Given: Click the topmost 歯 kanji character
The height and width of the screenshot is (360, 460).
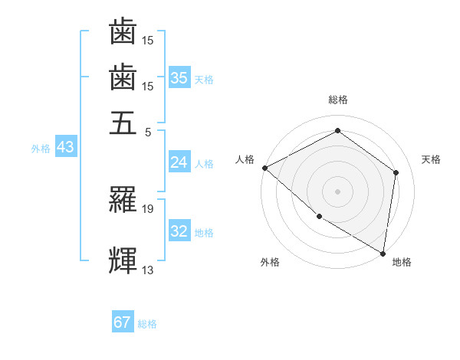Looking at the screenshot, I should coord(123,33).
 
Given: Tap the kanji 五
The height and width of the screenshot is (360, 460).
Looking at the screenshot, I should coord(123,123).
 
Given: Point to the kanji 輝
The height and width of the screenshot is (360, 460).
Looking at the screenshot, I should coord(123,260).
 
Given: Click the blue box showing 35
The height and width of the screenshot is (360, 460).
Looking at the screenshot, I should coord(179,77).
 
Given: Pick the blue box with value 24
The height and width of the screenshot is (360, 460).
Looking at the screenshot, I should coord(179,162).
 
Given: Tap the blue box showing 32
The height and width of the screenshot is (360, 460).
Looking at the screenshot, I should coord(179,231).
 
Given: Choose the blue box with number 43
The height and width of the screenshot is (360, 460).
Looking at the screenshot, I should coord(65,147).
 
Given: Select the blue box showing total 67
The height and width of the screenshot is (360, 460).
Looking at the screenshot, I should coord(123,322).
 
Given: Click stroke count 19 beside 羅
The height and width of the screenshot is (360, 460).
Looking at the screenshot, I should coord(148,208).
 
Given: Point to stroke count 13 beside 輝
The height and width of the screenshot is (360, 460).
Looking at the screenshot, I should coord(148,269).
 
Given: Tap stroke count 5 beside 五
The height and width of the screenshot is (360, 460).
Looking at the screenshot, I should coord(147,131).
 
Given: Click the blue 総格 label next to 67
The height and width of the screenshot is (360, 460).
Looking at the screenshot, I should coord(147,324).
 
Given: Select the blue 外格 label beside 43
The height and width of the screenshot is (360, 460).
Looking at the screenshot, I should coord(41,149).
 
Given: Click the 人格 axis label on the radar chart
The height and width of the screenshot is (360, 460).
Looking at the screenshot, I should coord(245,159).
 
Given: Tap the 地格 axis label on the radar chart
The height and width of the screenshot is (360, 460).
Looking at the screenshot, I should coord(402,262).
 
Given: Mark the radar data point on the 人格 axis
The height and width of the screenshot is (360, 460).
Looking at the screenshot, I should coord(264,168).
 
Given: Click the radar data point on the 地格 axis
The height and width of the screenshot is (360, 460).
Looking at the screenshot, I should coord(383,253).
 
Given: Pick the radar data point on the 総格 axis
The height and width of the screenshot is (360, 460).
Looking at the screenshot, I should coord(337,131).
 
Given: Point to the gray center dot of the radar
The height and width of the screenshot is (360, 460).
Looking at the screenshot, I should coord(337,191).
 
